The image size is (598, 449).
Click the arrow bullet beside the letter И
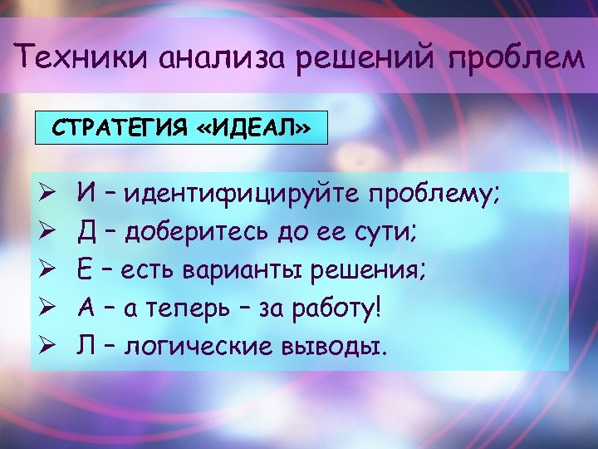(x=47, y=195)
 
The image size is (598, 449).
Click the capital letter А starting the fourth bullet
(x=86, y=308)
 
